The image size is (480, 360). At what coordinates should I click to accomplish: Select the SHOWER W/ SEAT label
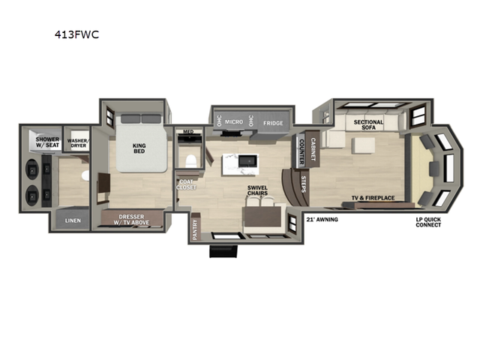pos(49,142)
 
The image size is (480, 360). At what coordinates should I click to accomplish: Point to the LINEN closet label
pos(73,220)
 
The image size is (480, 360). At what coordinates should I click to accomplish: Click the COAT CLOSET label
pos(187,184)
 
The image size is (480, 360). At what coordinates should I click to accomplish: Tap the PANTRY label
pos(195,225)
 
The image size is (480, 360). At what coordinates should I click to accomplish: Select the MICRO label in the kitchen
pos(235,121)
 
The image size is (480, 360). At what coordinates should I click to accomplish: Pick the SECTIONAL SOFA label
pos(368,124)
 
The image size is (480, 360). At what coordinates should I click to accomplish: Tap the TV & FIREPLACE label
pos(373,199)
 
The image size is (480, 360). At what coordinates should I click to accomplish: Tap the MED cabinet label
pos(188,133)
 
